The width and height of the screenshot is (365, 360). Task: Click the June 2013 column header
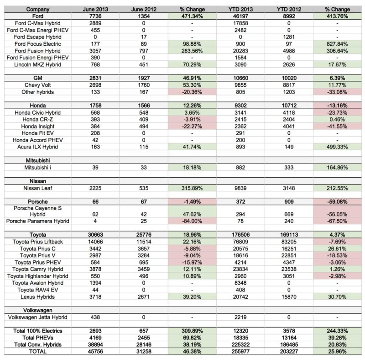point(95,9)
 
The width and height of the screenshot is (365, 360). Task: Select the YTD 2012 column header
point(289,9)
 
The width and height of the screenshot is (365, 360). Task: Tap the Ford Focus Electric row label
point(38,44)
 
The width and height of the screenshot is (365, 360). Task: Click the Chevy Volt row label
point(38,85)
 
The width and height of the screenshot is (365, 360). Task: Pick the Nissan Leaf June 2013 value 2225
point(95,188)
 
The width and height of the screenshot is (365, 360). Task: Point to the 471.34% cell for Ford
point(192,16)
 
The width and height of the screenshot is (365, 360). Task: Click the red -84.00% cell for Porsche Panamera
point(192,221)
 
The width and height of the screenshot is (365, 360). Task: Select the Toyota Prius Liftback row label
point(38,242)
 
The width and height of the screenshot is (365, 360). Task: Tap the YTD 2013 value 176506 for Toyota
point(240,235)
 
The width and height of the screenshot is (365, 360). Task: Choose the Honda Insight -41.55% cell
point(337,127)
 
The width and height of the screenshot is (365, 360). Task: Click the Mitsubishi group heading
point(38,160)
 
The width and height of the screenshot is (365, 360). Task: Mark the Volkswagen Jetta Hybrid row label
point(38,318)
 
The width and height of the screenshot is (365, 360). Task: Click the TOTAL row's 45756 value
point(95,351)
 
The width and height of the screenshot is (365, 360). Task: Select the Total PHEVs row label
point(38,338)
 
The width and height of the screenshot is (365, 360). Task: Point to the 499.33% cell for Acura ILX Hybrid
point(337,147)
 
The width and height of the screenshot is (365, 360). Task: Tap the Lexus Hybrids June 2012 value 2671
point(144,297)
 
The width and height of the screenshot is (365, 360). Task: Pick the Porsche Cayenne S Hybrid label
point(38,211)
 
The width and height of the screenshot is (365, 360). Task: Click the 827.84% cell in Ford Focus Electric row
point(337,44)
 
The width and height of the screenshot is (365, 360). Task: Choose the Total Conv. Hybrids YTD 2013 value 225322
point(240,344)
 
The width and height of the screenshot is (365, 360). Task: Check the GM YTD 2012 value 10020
point(289,78)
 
